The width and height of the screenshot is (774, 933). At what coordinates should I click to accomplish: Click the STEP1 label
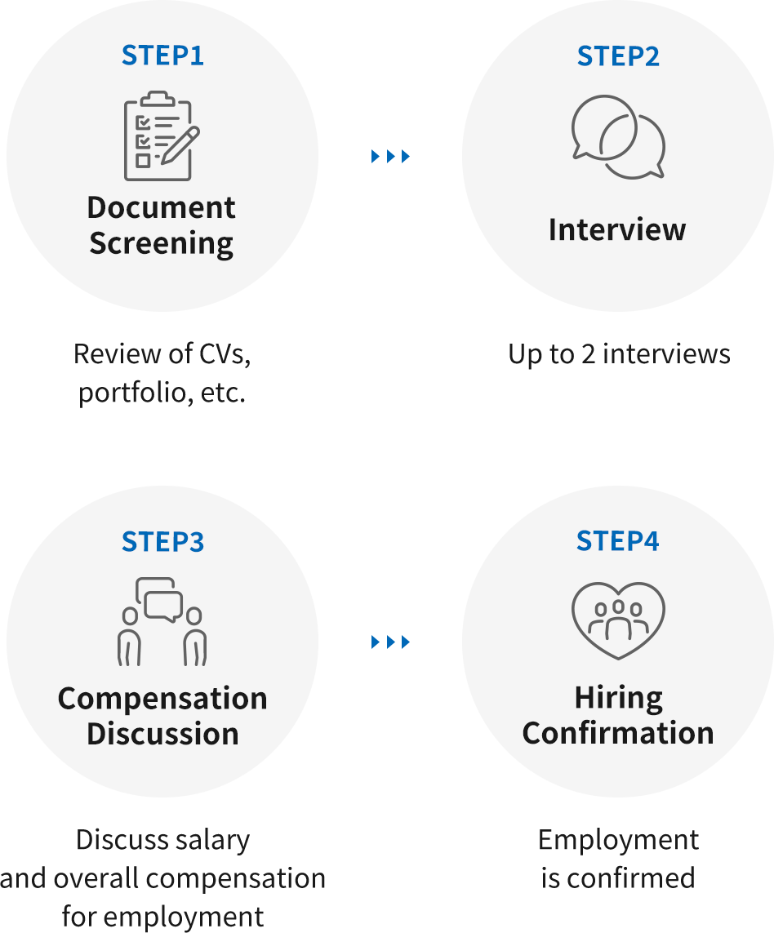(162, 56)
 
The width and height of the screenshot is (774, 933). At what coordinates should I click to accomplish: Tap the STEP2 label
(618, 56)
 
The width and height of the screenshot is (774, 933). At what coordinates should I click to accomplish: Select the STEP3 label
(162, 541)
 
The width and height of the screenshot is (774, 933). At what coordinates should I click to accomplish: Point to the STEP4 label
(617, 541)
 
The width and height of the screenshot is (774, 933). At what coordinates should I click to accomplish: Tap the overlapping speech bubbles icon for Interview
(618, 137)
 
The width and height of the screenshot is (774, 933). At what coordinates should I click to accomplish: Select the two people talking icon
(162, 621)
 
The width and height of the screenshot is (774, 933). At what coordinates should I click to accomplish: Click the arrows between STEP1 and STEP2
(390, 157)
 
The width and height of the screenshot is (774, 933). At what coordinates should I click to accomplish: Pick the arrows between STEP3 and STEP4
(390, 642)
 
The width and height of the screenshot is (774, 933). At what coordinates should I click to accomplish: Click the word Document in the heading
(162, 207)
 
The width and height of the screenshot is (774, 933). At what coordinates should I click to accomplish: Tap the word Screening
(162, 243)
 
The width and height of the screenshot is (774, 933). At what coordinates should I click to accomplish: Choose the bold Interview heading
(617, 229)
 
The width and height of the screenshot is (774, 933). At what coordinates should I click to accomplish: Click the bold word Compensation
(162, 699)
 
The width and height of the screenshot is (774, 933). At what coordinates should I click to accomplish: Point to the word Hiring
(619, 698)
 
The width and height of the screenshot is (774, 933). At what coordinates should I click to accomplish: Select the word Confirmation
(618, 733)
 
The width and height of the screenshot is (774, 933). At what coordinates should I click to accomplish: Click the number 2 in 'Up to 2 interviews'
(588, 354)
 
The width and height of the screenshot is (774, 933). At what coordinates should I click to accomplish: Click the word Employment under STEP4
(618, 841)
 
